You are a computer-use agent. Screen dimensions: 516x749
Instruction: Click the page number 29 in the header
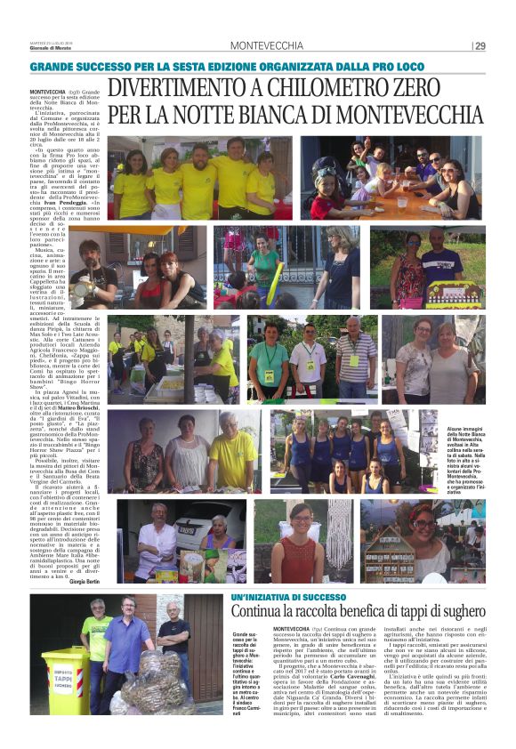(480, 45)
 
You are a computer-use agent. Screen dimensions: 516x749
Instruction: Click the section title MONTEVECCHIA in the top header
(266, 46)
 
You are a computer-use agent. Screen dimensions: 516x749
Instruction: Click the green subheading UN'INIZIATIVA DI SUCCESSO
(283, 595)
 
